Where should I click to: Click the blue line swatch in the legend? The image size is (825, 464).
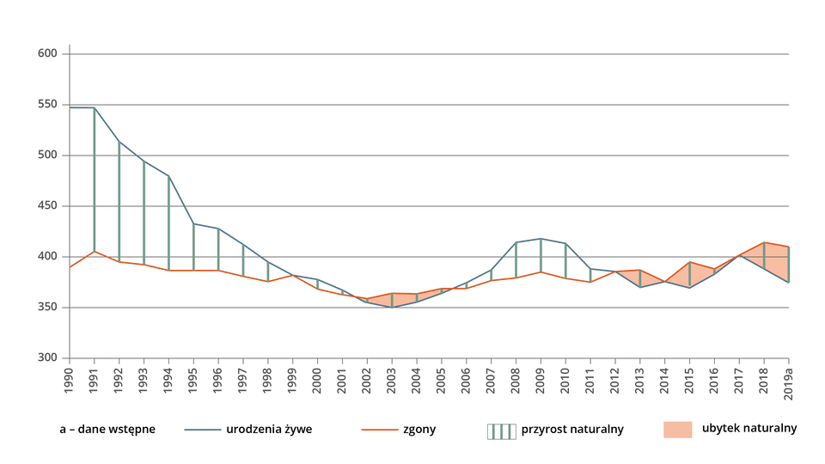[203, 430]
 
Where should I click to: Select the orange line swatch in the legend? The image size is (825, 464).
[379, 430]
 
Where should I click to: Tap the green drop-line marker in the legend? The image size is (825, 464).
[501, 431]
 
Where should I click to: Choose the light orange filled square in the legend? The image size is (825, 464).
[677, 430]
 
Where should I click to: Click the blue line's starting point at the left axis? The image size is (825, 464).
[70, 108]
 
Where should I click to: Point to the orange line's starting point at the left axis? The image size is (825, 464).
[70, 267]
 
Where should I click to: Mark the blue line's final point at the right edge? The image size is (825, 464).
[789, 284]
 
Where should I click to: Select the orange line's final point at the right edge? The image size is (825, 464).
[789, 246]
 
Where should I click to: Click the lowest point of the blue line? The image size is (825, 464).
[393, 307]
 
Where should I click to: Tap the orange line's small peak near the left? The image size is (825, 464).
[95, 252]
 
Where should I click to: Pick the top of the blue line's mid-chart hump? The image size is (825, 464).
[541, 237]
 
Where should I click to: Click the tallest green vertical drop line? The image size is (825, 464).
[95, 180]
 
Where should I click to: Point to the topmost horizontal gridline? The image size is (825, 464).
[430, 54]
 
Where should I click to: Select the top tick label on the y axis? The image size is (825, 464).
[48, 53]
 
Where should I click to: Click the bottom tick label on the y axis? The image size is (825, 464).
[48, 357]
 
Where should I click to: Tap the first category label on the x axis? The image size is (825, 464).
[69, 379]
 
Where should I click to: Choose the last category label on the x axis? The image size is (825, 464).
[788, 383]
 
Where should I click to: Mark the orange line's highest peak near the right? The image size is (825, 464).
[764, 241]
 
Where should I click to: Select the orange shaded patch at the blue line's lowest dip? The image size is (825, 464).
[393, 300]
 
